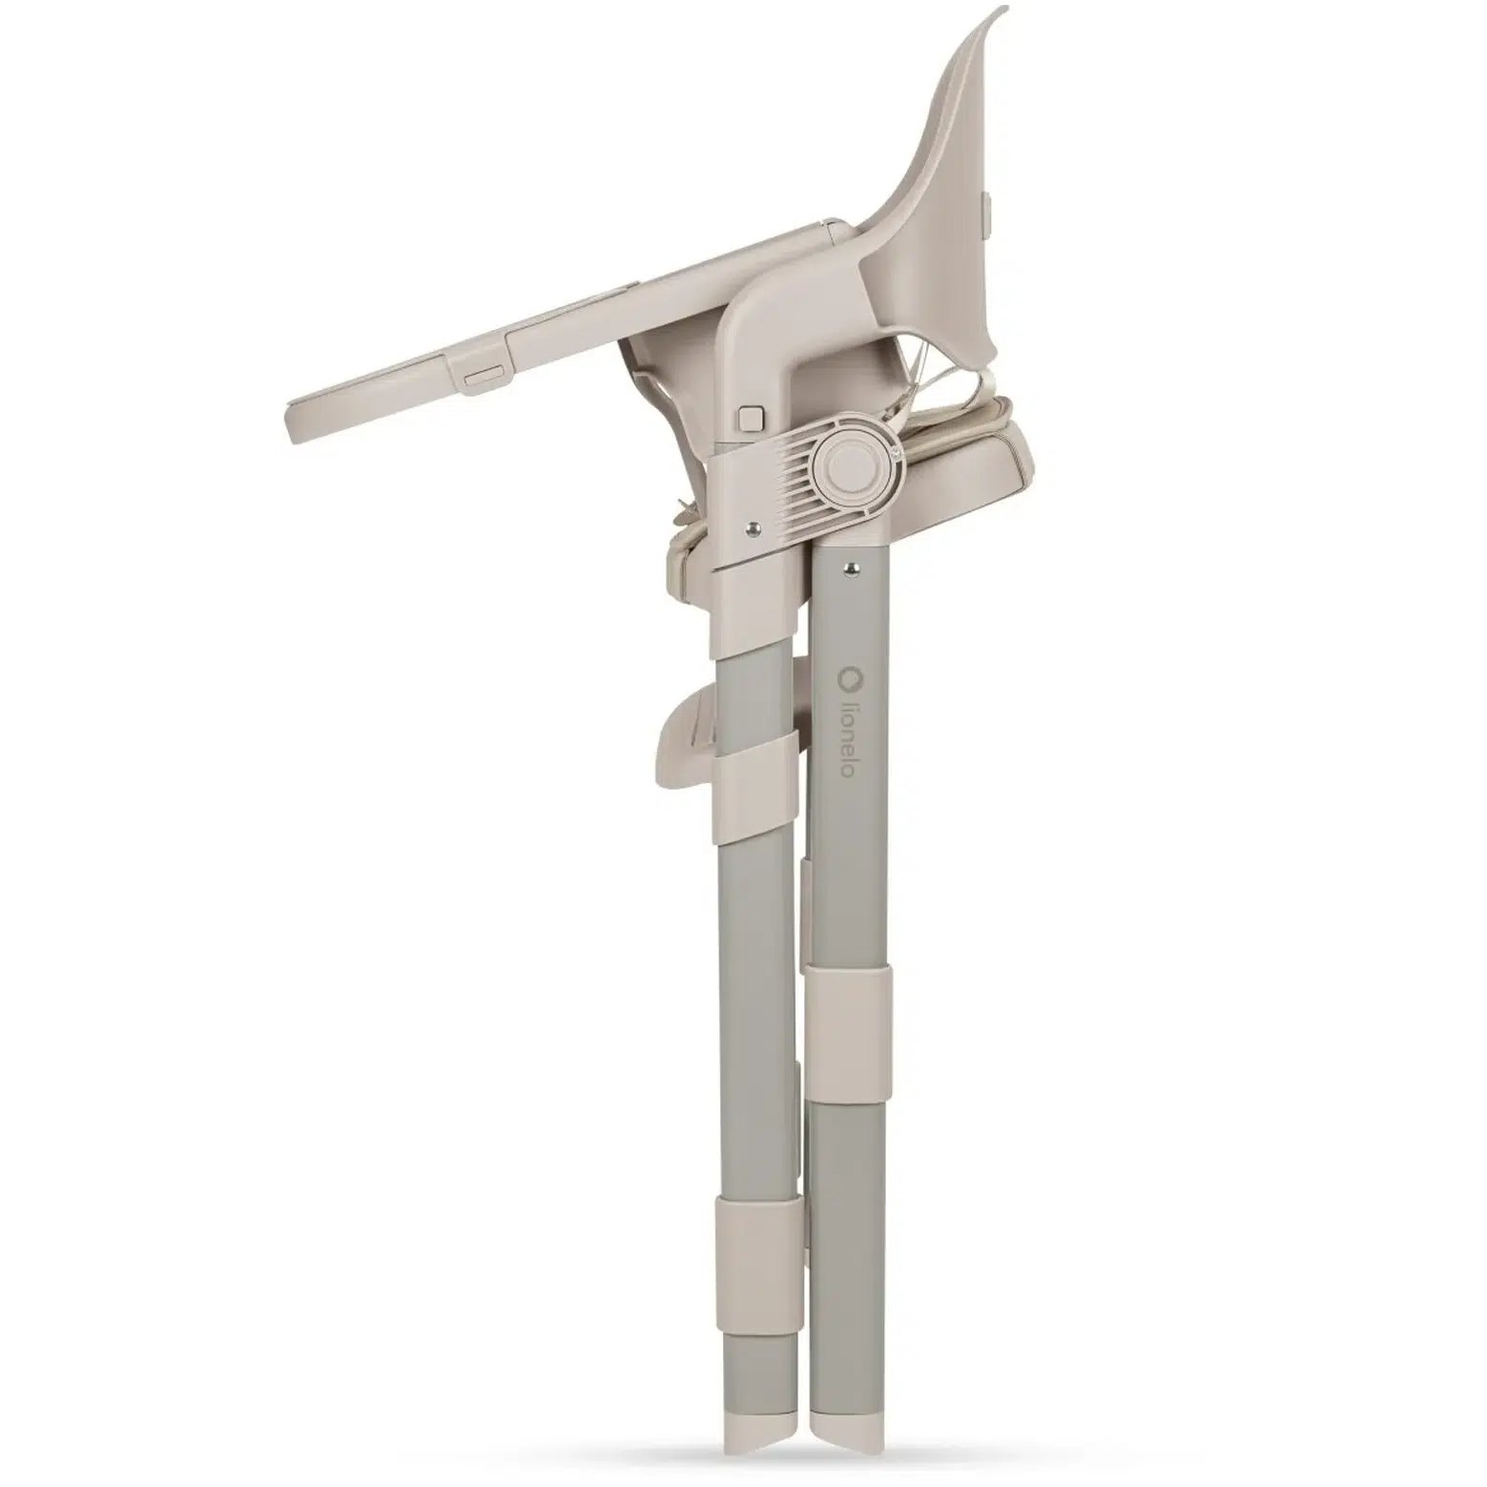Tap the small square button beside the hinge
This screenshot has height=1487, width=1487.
pyautogui.click(x=752, y=418)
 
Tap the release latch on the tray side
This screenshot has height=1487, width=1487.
pyautogui.click(x=485, y=378)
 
